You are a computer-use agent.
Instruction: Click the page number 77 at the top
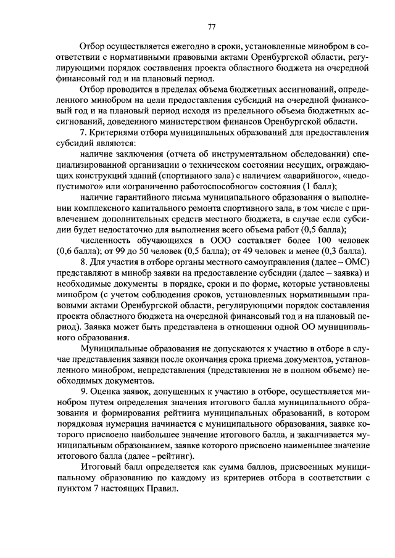[211, 26]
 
